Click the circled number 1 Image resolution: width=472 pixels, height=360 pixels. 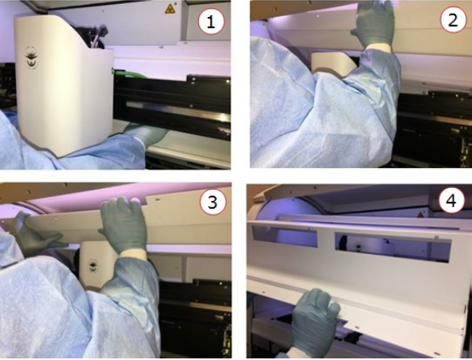(211, 22)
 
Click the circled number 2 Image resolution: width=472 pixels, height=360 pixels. (453, 20)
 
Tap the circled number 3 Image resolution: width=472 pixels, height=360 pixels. (213, 202)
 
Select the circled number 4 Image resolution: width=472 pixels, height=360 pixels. (451, 200)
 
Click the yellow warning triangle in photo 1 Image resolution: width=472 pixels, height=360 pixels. (170, 9)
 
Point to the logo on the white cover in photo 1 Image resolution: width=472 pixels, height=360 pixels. (31, 57)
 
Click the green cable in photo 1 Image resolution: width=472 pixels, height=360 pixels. (128, 74)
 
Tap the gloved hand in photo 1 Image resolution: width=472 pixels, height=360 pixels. (147, 133)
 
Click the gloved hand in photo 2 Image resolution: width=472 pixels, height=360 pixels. (374, 26)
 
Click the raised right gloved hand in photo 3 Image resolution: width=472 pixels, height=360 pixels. (124, 224)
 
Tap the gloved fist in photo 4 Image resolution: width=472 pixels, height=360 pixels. (315, 319)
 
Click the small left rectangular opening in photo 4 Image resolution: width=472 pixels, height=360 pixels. (284, 236)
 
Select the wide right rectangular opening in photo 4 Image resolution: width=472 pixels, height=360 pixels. (393, 247)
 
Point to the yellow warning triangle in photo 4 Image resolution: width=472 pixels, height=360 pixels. (420, 215)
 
